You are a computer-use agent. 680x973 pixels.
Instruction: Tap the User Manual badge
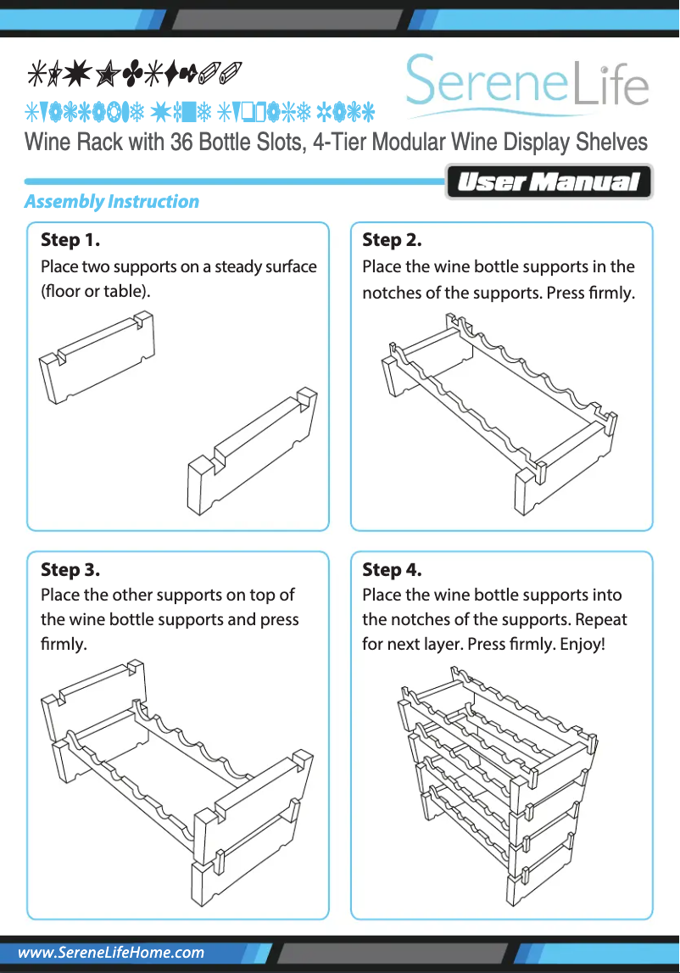[549, 182]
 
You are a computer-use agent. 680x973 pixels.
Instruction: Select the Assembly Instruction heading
[111, 202]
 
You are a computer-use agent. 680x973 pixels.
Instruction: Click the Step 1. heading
[70, 240]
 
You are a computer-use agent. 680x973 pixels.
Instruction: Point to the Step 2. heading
[392, 240]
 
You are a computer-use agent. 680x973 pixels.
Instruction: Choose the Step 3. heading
[70, 569]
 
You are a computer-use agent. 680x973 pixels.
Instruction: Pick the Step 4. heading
[392, 569]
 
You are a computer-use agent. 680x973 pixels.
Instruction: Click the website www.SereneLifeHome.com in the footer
[111, 953]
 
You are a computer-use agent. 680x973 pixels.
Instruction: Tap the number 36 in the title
[182, 142]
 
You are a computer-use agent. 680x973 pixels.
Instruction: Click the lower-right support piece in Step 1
[252, 452]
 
